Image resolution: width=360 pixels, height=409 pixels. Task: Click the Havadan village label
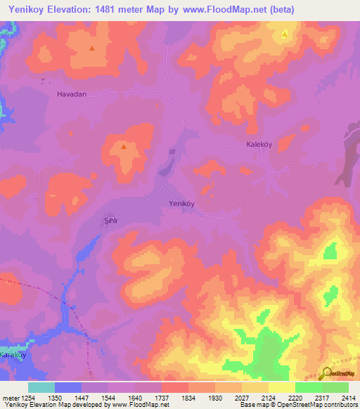pyautogui.click(x=71, y=93)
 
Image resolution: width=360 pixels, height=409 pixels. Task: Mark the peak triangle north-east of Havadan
pyautogui.click(x=93, y=48)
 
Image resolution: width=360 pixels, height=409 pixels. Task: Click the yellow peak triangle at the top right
pyautogui.click(x=285, y=34)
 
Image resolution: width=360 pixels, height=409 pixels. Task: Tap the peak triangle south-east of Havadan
pyautogui.click(x=124, y=147)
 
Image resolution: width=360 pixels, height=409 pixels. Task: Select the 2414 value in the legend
pyautogui.click(x=349, y=398)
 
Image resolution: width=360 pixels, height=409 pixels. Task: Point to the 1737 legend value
pyautogui.click(x=161, y=398)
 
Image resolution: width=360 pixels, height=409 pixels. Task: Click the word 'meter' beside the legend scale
pyautogui.click(x=10, y=398)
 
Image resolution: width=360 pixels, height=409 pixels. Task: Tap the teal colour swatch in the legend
pyautogui.click(x=41, y=387)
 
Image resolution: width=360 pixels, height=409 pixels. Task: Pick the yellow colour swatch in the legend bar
pyautogui.click(x=282, y=387)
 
